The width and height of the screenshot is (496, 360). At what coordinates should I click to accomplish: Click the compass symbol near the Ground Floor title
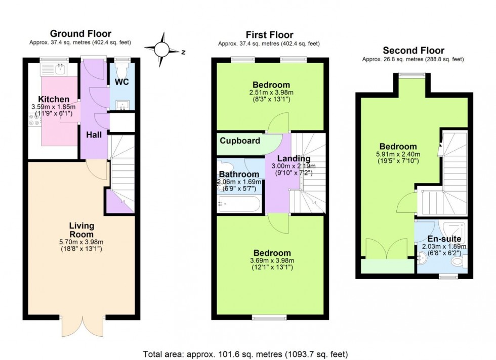click(x=162, y=49)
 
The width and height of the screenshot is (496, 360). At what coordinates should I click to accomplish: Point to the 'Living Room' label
click(x=81, y=230)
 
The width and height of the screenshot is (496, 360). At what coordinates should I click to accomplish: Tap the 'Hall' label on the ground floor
click(x=94, y=134)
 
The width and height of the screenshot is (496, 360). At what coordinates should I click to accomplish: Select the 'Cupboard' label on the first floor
click(x=240, y=141)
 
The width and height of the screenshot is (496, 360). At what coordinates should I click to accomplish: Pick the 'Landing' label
click(x=286, y=158)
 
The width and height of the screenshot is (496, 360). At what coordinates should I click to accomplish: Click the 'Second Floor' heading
click(x=413, y=50)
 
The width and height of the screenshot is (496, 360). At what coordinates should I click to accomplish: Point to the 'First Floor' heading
click(x=269, y=35)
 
